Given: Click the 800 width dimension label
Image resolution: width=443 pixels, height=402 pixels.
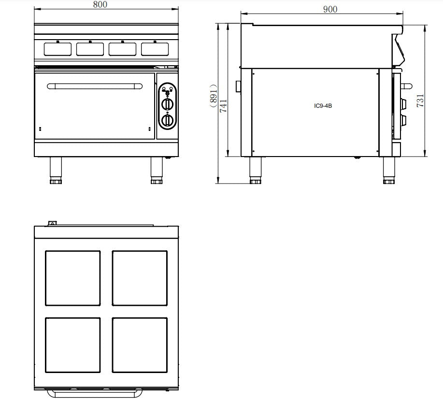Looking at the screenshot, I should pyautogui.click(x=100, y=5).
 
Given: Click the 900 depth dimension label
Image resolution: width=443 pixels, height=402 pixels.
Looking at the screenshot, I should pyautogui.click(x=330, y=9).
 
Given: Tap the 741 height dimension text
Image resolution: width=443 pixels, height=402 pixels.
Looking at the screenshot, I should pyautogui.click(x=223, y=106).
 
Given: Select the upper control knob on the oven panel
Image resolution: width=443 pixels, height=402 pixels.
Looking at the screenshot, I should pyautogui.click(x=167, y=103).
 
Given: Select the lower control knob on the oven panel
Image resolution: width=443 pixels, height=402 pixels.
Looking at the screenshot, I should pyautogui.click(x=167, y=120).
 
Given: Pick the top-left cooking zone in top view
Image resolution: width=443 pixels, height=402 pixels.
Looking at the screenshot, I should pyautogui.click(x=73, y=278).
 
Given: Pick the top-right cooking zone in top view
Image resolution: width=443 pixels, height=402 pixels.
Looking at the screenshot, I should pyautogui.click(x=140, y=278).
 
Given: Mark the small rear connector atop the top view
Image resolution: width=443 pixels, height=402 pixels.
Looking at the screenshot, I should pyautogui.click(x=52, y=223).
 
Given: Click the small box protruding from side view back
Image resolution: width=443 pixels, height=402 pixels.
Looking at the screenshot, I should pyautogui.click(x=238, y=86).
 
